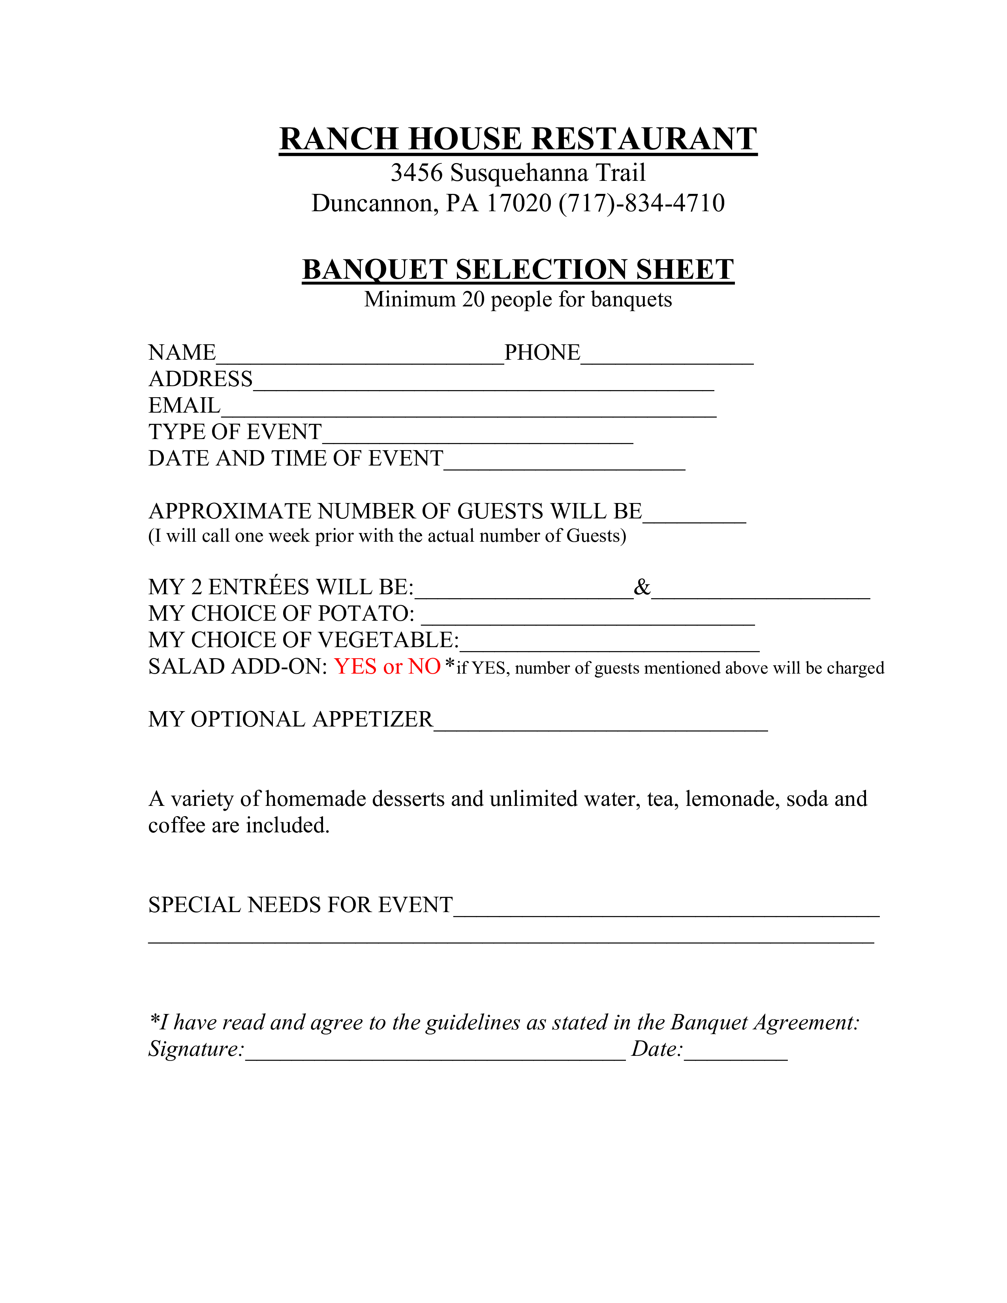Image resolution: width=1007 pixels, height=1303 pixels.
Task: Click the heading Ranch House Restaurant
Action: pyautogui.click(x=518, y=139)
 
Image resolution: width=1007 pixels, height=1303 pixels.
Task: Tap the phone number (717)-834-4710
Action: pyautogui.click(x=641, y=203)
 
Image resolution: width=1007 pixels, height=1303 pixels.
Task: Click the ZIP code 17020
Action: pyautogui.click(x=519, y=203)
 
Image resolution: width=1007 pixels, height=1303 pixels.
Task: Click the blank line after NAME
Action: pyautogui.click(x=360, y=357)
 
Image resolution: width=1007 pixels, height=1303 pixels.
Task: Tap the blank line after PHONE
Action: pyautogui.click(x=667, y=357)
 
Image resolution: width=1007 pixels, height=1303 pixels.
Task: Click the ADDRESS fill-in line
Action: pyautogui.click(x=483, y=383)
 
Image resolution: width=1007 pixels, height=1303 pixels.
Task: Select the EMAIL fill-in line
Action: pyautogui.click(x=468, y=409)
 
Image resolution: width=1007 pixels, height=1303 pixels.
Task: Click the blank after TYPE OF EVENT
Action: pyautogui.click(x=477, y=436)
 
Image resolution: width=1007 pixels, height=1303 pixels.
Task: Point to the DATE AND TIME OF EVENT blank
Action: pyautogui.click(x=564, y=462)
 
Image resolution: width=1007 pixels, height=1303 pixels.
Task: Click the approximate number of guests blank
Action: pyautogui.click(x=694, y=515)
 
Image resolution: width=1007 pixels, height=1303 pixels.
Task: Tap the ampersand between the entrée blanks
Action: pyautogui.click(x=642, y=587)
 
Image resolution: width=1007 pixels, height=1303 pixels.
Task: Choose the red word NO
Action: pyautogui.click(x=424, y=667)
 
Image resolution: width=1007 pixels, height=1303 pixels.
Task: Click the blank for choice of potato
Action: pyautogui.click(x=588, y=618)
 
